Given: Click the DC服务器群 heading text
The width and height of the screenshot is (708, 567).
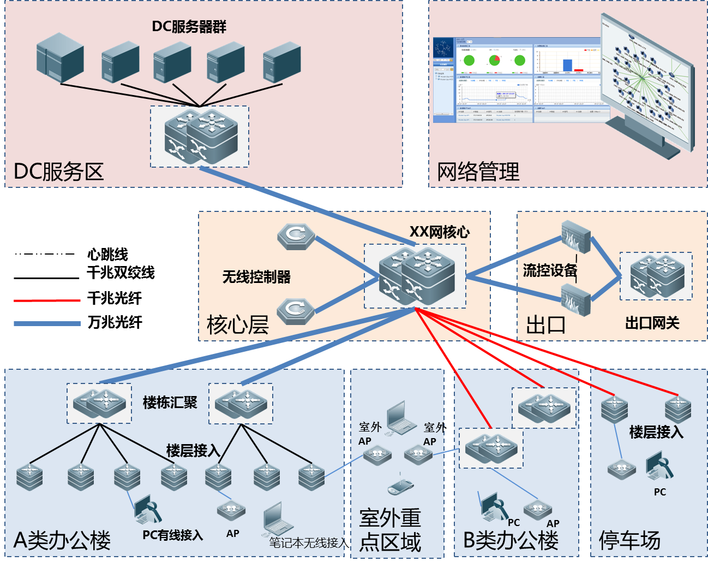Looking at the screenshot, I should [x=189, y=26].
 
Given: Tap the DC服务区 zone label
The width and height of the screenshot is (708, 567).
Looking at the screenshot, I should [x=58, y=172].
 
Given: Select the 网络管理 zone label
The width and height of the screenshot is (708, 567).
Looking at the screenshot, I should [x=478, y=172].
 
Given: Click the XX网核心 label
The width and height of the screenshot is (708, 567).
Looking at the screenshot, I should [x=440, y=232].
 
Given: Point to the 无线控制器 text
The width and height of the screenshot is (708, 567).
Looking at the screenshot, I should [x=256, y=277].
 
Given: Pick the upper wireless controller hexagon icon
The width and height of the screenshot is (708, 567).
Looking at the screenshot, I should [x=296, y=236].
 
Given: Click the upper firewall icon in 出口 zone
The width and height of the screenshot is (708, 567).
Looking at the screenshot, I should [x=576, y=237].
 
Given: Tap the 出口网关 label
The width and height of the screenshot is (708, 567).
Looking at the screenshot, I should [x=652, y=323].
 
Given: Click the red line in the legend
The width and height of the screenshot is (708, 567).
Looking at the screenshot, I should [x=47, y=300].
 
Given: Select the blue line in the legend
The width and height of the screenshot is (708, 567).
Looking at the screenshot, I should [x=47, y=323].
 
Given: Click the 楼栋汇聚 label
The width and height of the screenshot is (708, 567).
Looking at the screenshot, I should [x=170, y=403].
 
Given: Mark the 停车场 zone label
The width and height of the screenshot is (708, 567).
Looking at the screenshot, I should [x=629, y=540].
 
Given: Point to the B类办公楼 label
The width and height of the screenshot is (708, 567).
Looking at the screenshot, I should [x=511, y=540].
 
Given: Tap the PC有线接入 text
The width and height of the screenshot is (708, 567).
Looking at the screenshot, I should [x=172, y=535].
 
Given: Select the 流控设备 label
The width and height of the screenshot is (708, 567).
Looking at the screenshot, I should [x=550, y=270].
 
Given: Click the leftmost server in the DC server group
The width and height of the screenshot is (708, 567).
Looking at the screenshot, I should [x=60, y=57].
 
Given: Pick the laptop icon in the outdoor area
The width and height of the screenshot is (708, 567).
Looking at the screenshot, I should [x=402, y=418].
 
